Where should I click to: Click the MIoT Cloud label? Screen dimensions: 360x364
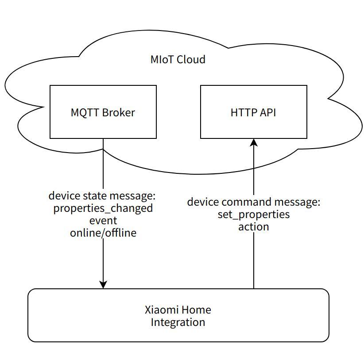coord(178,59)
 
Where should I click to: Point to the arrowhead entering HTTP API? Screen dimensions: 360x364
coord(254,142)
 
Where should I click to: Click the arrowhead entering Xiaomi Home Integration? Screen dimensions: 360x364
coord(103,284)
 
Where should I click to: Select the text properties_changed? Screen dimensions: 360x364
coord(103,208)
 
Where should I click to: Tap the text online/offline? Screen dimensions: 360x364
coord(103,233)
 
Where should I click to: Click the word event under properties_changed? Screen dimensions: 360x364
coord(103,220)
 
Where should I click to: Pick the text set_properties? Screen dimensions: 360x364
coord(254,214)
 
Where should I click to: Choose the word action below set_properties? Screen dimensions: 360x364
coord(254,227)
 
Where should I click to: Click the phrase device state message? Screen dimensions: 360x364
coord(102,195)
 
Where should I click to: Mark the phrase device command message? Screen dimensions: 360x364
coord(253,202)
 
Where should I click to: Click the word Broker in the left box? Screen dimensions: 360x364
coord(118,112)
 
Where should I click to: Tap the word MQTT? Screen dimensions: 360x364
coord(85,112)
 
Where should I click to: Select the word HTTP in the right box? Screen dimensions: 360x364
coord(244,112)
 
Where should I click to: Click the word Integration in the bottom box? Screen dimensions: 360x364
coord(178,322)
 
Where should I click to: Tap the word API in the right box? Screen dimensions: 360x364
coord(267,112)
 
